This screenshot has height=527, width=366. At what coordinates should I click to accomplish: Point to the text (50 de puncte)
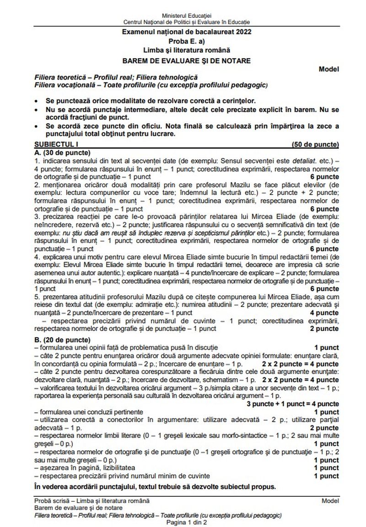point(315,145)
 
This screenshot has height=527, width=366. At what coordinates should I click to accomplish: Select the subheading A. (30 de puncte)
point(62,152)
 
